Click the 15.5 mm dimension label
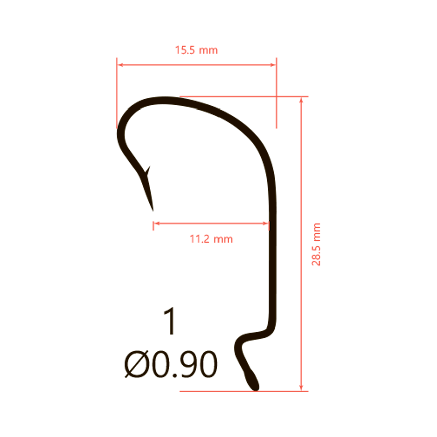coord(196,50)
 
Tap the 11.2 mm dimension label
coord(211,239)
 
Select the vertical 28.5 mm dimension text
coord(316,244)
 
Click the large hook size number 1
coord(170,321)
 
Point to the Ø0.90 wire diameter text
coord(171,364)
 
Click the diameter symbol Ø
coord(136,364)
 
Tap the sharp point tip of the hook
coord(153,210)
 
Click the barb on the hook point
coord(148,171)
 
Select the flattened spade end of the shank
coord(252,380)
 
